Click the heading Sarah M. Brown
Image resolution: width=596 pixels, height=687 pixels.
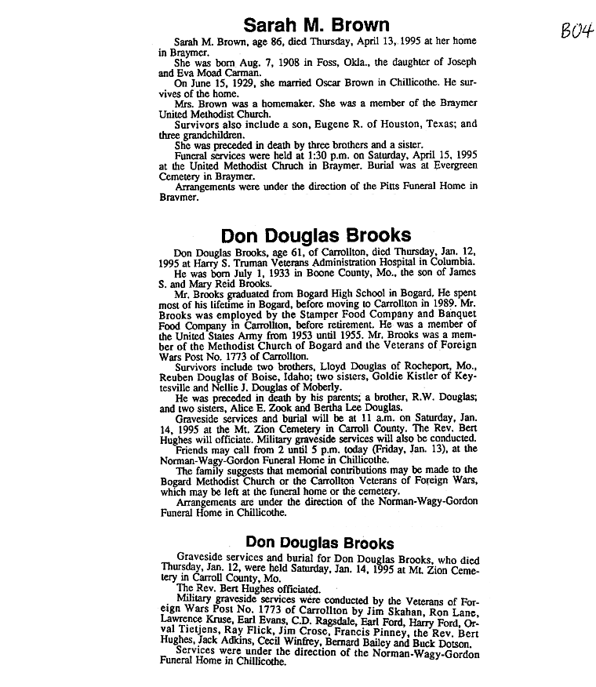316,24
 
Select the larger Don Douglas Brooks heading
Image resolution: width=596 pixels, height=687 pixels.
316,235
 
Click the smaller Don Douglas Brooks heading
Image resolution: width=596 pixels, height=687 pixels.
319,543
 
